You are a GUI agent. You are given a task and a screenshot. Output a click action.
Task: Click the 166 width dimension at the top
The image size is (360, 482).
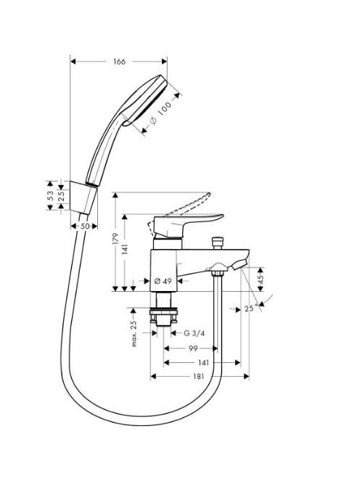tap(119, 62)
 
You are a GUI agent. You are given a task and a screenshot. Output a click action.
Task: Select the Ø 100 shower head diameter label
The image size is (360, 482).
tap(160, 113)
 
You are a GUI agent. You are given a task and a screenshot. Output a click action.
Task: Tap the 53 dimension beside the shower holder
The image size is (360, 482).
tap(50, 195)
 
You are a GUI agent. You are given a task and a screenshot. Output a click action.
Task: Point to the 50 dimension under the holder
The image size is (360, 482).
tap(85, 226)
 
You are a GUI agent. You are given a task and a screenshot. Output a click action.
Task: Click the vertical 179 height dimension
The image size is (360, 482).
tap(115, 239)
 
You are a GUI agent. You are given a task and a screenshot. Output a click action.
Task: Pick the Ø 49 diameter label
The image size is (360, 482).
tap(163, 281)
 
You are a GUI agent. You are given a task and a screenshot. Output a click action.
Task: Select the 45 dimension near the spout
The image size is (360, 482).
tap(261, 279)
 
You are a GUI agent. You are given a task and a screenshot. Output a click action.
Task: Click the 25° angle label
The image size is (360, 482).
tap(251, 308)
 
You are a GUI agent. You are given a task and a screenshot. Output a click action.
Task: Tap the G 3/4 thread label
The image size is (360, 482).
tap(194, 333)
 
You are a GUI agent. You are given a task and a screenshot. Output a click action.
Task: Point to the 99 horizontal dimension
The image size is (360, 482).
tap(193, 348)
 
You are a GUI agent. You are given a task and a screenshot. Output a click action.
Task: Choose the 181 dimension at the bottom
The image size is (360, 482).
tap(198, 377)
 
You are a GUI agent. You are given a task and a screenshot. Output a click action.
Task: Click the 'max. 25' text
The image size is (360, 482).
tap(134, 334)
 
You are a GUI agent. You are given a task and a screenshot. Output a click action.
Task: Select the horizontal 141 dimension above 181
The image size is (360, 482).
tap(203, 363)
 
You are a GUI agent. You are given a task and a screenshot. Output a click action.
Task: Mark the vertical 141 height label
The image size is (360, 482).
tap(125, 249)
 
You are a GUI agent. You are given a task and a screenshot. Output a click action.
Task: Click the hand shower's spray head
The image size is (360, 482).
tap(144, 100)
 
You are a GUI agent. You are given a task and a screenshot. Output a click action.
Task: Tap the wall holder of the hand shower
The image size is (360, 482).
tap(83, 197)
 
